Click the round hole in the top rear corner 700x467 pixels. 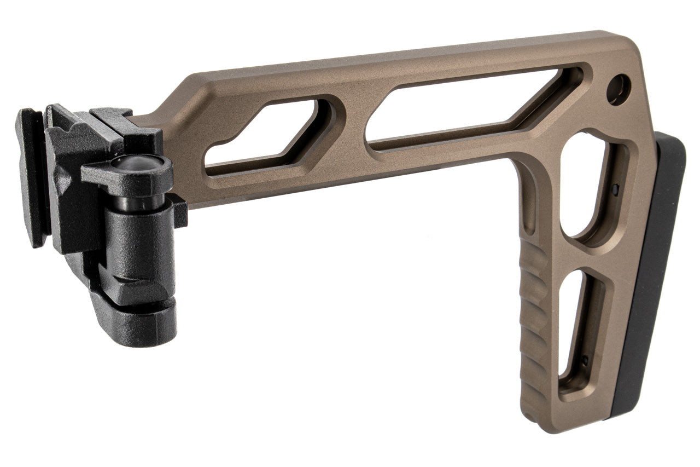point(619,89)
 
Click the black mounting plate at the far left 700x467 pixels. point(30,175)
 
